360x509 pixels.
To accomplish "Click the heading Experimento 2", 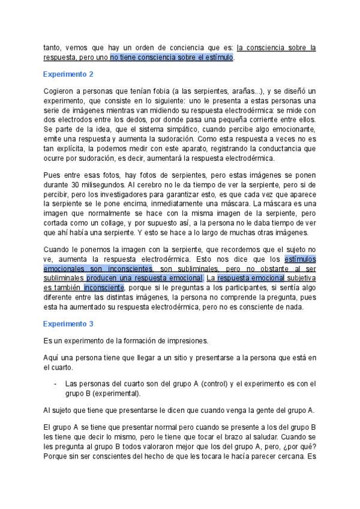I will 68,74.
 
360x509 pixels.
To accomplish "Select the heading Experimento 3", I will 68,324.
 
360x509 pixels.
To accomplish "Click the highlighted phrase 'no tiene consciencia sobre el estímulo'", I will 172,58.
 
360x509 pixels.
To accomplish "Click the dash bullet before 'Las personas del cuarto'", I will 55,384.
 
